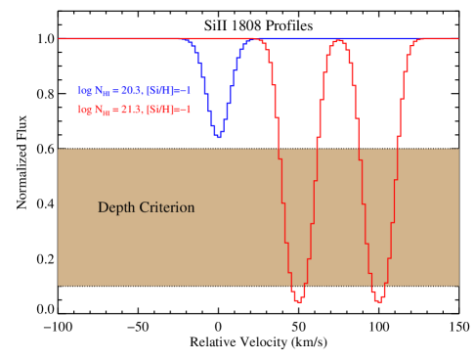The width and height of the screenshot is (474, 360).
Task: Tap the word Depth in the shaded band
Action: pyautogui.click(x=116, y=207)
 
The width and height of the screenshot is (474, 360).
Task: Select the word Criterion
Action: pyautogui.click(x=166, y=207)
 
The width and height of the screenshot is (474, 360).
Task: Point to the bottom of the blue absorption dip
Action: pyautogui.click(x=218, y=136)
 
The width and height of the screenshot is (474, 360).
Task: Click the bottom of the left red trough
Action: pyautogui.click(x=297, y=299)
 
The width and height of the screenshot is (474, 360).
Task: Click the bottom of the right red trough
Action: pyautogui.click(x=378, y=299)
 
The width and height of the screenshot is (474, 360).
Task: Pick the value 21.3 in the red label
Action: pyautogui.click(x=129, y=110)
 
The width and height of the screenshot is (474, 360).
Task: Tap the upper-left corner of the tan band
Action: pyautogui.click(x=59, y=149)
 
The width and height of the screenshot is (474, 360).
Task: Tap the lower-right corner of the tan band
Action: pyautogui.click(x=458, y=286)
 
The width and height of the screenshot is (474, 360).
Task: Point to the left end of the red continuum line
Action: pyautogui.click(x=60, y=38)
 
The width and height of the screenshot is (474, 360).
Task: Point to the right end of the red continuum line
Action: pyautogui.click(x=457, y=38)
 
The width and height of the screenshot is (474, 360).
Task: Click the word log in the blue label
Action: pyautogui.click(x=85, y=89)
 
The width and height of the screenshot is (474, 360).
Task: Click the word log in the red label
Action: pyautogui.click(x=85, y=110)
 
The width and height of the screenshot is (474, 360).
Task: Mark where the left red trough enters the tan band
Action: pyautogui.click(x=280, y=149)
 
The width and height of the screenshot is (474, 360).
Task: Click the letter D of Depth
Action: pyautogui.click(x=103, y=207)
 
